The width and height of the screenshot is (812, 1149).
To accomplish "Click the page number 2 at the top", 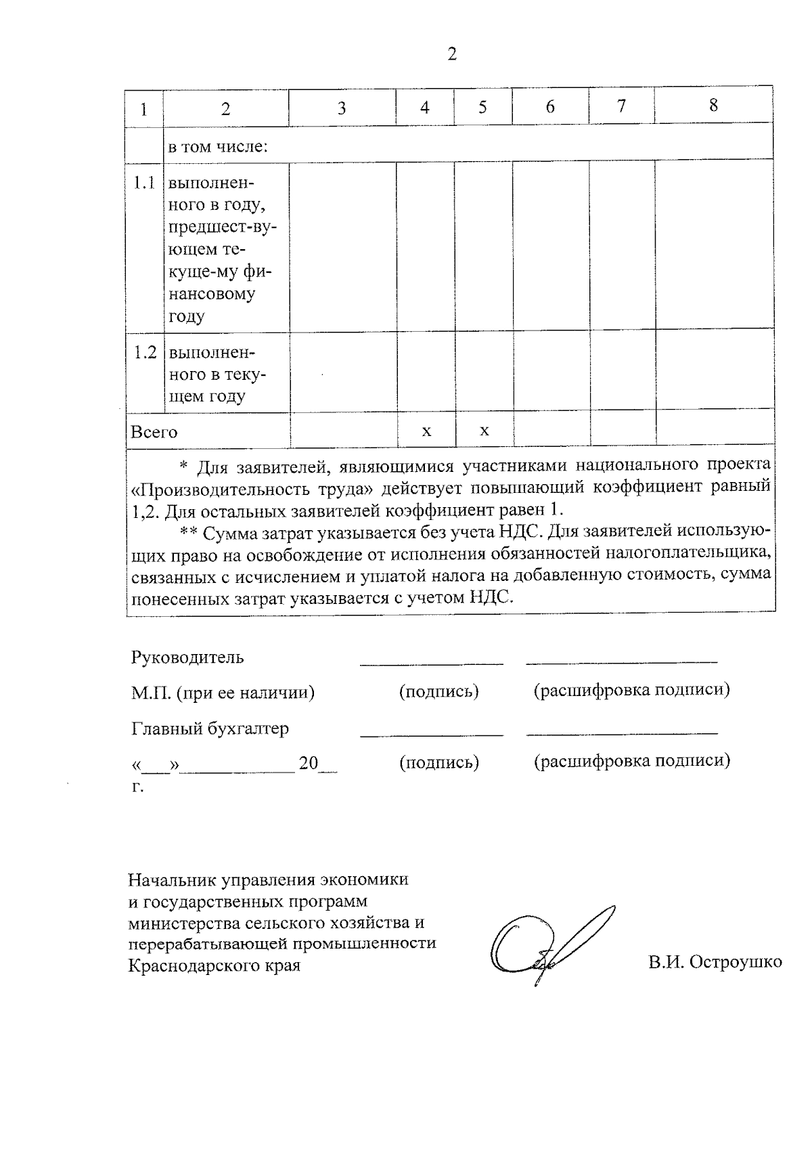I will tap(452, 54).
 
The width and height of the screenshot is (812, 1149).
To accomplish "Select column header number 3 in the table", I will tap(342, 108).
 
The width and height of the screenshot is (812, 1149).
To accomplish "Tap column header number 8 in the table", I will tap(713, 106).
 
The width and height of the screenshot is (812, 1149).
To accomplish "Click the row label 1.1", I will tap(143, 183).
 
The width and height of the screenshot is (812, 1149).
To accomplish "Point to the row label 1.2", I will tap(144, 353).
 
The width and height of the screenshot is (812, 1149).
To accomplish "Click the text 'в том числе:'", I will tap(218, 146).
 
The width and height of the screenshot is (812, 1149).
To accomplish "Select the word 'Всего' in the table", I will tap(154, 432).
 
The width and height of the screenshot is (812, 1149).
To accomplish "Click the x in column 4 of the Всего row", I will tap(426, 431).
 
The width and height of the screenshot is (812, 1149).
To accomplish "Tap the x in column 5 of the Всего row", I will tap(484, 431).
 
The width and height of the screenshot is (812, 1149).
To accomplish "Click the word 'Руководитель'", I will tap(187, 657).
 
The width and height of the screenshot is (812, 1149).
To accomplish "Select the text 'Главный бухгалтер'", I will tap(210, 729).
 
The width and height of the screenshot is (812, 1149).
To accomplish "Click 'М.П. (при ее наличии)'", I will tap(223, 693).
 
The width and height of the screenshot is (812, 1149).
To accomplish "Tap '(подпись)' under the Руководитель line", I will tap(438, 691).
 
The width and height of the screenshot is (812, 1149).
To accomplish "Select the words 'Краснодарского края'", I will tap(214, 965).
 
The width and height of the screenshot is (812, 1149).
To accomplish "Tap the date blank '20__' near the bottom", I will tap(318, 764).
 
